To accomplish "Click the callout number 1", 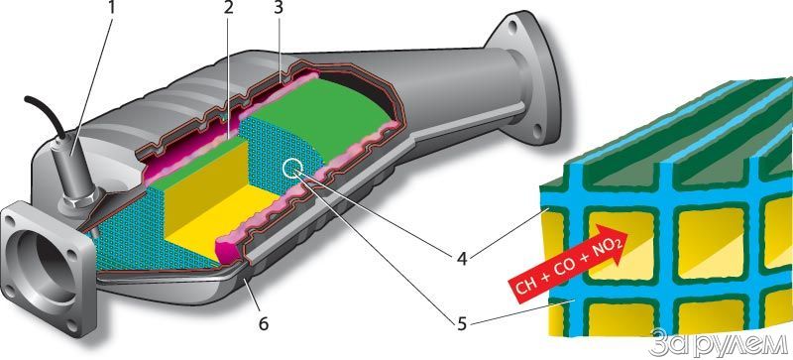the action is pyautogui.click(x=111, y=9).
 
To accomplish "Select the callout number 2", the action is pyautogui.click(x=228, y=9).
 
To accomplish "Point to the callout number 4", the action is pyautogui.click(x=462, y=258).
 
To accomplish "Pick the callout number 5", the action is pyautogui.click(x=462, y=323).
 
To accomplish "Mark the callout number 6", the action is pyautogui.click(x=263, y=323).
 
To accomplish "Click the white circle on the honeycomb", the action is pyautogui.click(x=292, y=169).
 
